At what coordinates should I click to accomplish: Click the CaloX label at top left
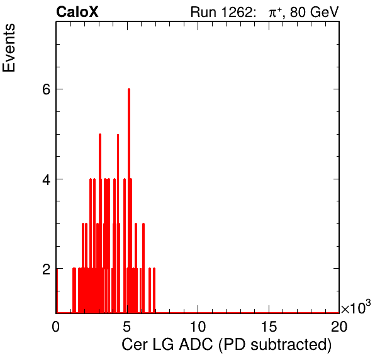click(x=77, y=12)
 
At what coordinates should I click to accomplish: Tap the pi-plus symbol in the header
click(x=275, y=13)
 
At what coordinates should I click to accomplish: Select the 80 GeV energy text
click(x=315, y=13)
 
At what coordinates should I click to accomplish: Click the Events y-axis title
click(x=9, y=48)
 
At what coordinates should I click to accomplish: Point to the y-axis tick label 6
click(x=47, y=89)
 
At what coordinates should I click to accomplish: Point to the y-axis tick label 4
click(x=47, y=179)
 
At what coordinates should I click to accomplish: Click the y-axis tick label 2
click(x=47, y=269)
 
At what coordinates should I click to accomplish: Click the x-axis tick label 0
click(x=56, y=326)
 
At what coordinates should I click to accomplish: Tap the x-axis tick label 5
click(x=126, y=326)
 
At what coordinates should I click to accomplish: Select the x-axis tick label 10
click(x=198, y=326)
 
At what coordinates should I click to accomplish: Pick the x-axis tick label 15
click(x=269, y=326)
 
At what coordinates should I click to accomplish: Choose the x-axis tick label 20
click(x=339, y=326)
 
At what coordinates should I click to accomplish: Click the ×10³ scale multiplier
click(x=356, y=307)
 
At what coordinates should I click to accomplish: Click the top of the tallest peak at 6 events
click(x=129, y=89)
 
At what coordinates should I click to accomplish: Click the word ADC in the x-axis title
click(x=196, y=344)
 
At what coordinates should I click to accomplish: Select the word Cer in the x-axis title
click(x=135, y=344)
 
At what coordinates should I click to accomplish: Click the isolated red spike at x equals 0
click(x=57, y=291)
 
